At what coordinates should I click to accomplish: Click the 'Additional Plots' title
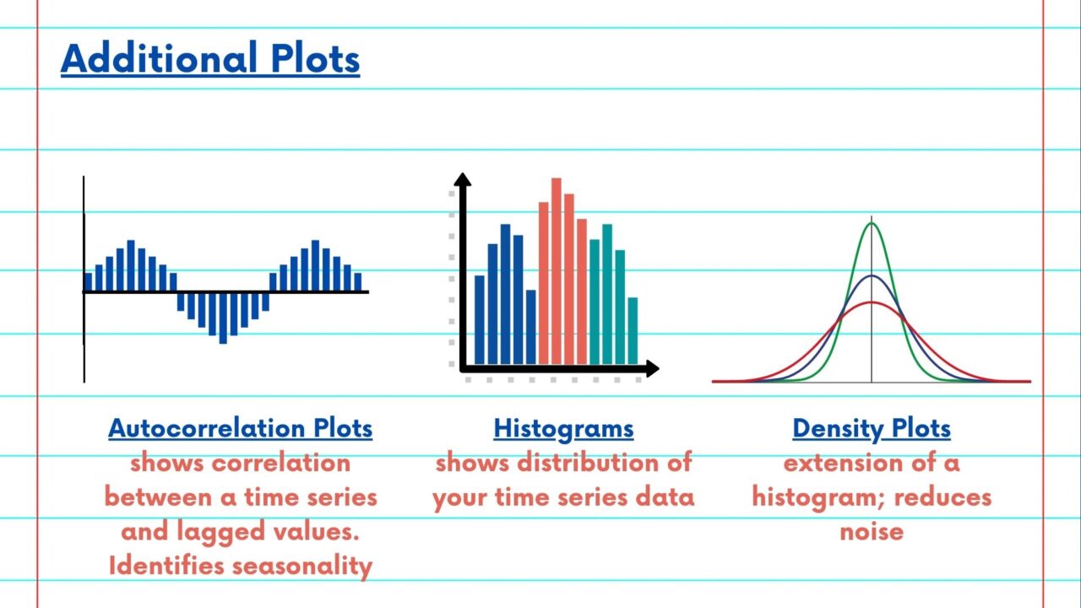(x=210, y=58)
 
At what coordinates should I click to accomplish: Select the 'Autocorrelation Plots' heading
(x=240, y=428)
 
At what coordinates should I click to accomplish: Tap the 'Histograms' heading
(x=563, y=428)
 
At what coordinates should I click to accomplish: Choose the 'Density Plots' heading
(x=872, y=428)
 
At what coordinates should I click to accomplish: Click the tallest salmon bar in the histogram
(x=556, y=270)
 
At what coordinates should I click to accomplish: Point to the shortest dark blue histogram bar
(x=530, y=327)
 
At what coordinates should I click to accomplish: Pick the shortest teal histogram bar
(x=633, y=330)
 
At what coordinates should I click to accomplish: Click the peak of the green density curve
(x=872, y=224)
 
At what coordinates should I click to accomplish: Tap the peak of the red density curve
(x=872, y=302)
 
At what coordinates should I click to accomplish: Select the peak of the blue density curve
(x=872, y=276)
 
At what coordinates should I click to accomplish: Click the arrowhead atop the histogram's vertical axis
(x=462, y=180)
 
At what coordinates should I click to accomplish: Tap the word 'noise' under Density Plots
(x=872, y=531)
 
